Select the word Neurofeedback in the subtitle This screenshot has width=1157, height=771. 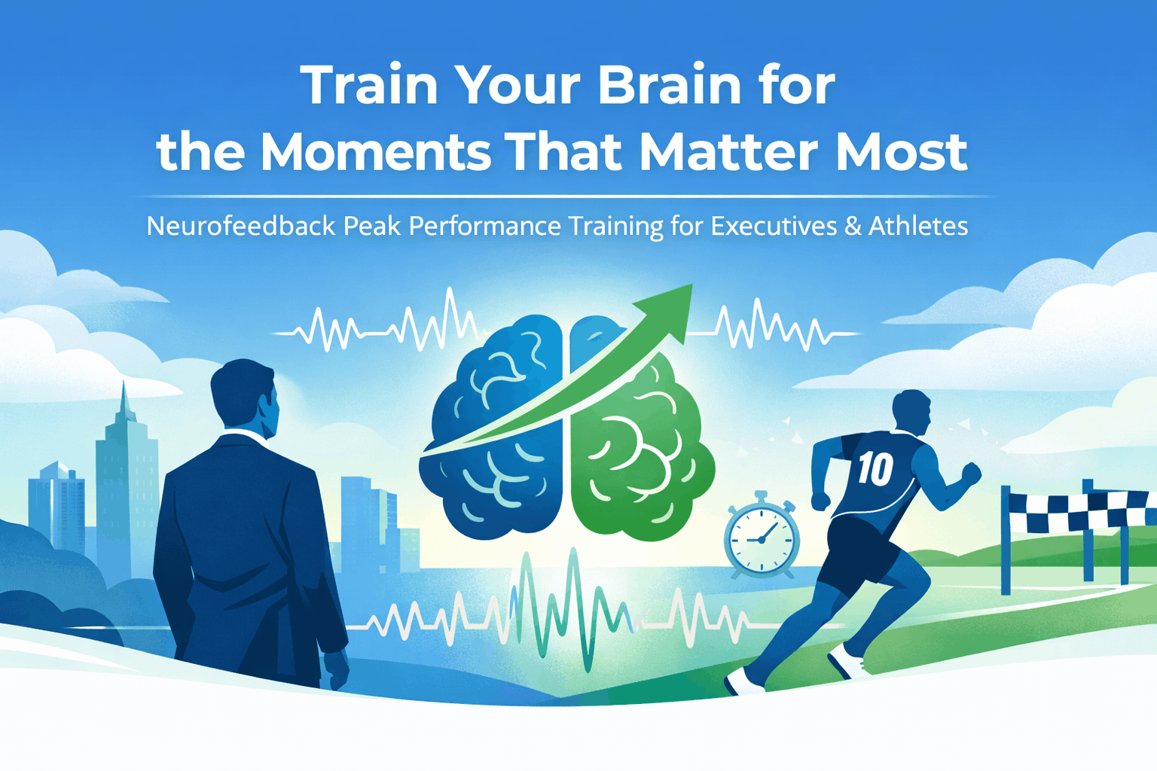click(x=240, y=226)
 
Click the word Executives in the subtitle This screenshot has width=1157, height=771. click(x=774, y=226)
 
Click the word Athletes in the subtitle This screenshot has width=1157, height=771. click(x=917, y=226)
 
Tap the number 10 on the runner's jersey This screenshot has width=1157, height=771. click(x=875, y=469)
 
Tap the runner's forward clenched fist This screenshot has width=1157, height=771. click(x=972, y=473)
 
